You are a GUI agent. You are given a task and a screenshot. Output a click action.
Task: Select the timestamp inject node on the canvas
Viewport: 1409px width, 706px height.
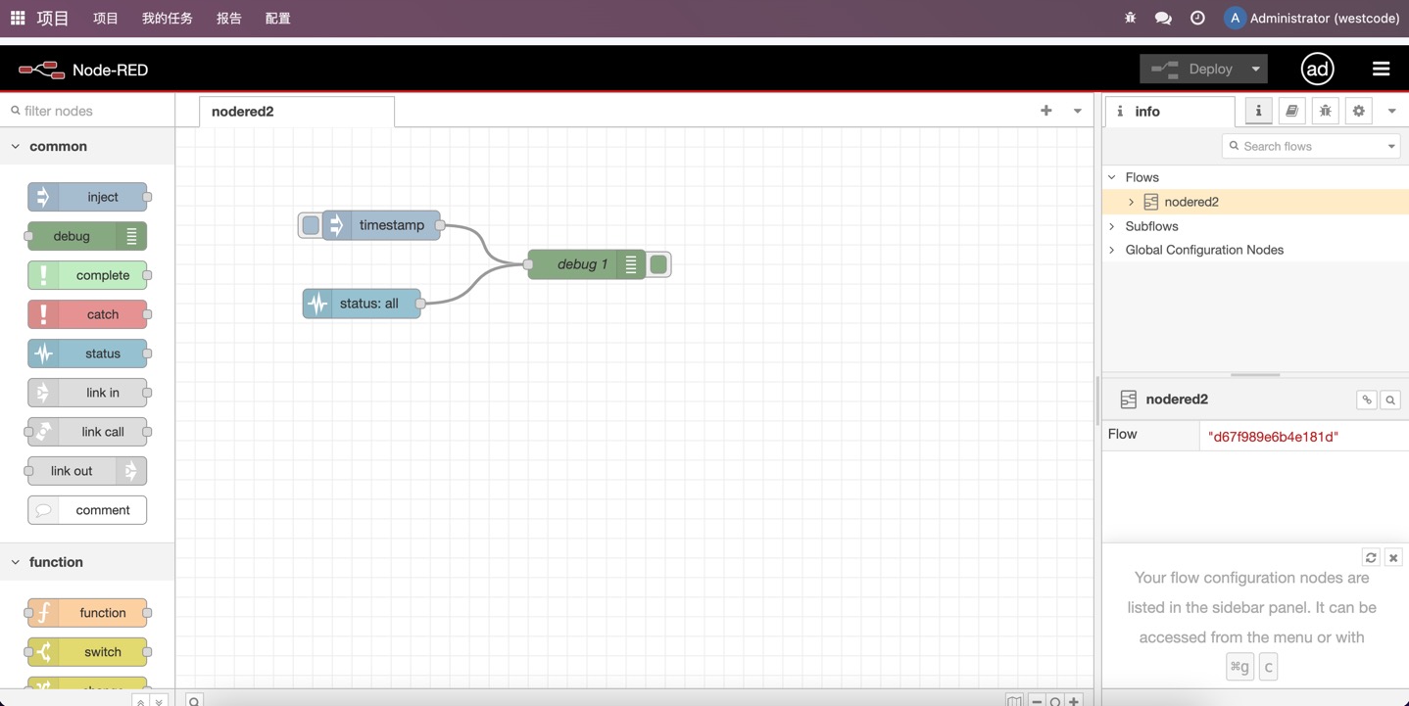point(381,225)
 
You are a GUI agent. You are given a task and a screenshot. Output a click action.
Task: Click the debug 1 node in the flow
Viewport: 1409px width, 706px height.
point(586,264)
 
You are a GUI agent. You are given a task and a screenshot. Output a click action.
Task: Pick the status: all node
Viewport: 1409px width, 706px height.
point(362,304)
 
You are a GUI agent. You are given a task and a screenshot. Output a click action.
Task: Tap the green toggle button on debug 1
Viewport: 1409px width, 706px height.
point(658,264)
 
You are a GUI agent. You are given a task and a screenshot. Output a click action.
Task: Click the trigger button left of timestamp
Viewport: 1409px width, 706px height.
point(310,225)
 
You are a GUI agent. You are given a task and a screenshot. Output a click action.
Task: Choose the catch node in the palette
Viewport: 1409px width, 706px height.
point(87,314)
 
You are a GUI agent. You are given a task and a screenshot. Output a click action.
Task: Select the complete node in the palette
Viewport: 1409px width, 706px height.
point(87,275)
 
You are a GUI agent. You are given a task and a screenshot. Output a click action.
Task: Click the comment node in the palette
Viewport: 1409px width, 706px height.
point(87,510)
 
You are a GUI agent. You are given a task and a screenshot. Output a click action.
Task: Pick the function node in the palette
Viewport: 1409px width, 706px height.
point(87,613)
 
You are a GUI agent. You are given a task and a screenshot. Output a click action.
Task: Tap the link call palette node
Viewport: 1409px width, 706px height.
point(87,432)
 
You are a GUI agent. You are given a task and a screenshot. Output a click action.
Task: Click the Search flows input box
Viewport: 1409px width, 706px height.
point(1310,146)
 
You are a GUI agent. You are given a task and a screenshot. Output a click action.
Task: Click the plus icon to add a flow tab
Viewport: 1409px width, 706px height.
point(1046,111)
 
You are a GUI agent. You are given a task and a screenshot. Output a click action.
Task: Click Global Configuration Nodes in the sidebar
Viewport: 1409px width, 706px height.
point(1204,251)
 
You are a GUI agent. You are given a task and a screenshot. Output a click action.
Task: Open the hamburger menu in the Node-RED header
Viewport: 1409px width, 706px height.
point(1381,70)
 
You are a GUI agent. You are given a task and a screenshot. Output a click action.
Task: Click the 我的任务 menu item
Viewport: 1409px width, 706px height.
point(167,19)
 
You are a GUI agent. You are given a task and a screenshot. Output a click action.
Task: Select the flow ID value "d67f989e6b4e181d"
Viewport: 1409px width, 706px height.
point(1273,437)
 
